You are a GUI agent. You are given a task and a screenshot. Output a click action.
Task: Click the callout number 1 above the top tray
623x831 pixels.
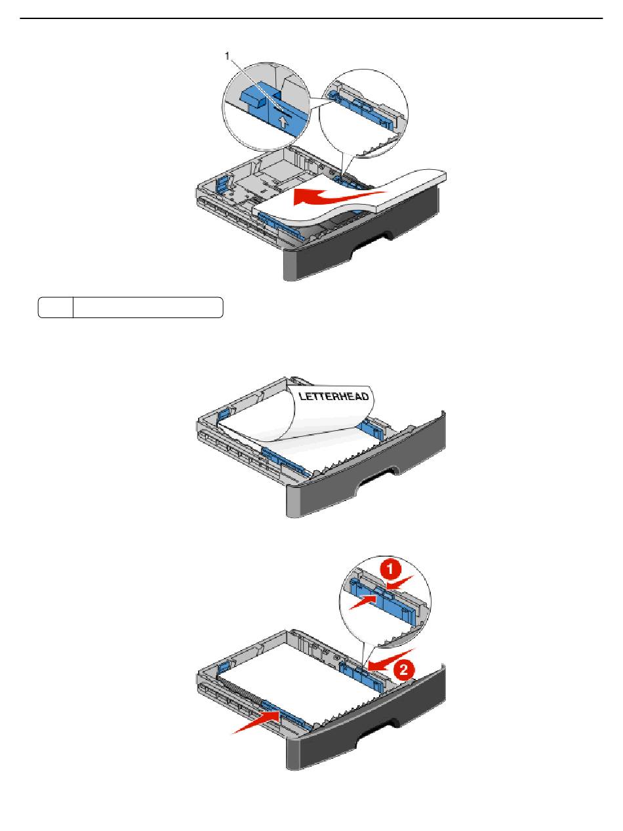tap(227, 56)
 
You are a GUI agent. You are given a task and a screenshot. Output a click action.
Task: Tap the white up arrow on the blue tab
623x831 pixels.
tap(283, 122)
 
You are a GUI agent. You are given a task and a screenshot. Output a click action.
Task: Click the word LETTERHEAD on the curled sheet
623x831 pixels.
tap(333, 396)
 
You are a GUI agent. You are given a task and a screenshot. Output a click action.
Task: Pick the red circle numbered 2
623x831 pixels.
tap(404, 670)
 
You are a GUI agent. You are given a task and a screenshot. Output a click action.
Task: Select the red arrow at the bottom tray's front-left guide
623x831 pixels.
tap(256, 722)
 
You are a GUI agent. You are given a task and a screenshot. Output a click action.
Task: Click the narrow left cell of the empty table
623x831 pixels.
tap(55, 308)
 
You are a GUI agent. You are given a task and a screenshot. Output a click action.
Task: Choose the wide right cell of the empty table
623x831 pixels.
tap(148, 308)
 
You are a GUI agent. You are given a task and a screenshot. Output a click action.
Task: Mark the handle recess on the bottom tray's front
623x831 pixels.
tap(376, 730)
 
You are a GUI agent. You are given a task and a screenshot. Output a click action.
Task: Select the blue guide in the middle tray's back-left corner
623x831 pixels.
tap(224, 415)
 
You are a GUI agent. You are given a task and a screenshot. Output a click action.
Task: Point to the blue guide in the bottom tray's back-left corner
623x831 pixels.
tap(224, 668)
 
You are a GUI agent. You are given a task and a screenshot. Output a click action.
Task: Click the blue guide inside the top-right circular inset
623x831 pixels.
tap(359, 106)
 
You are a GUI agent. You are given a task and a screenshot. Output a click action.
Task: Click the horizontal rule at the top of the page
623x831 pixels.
tap(311, 18)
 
